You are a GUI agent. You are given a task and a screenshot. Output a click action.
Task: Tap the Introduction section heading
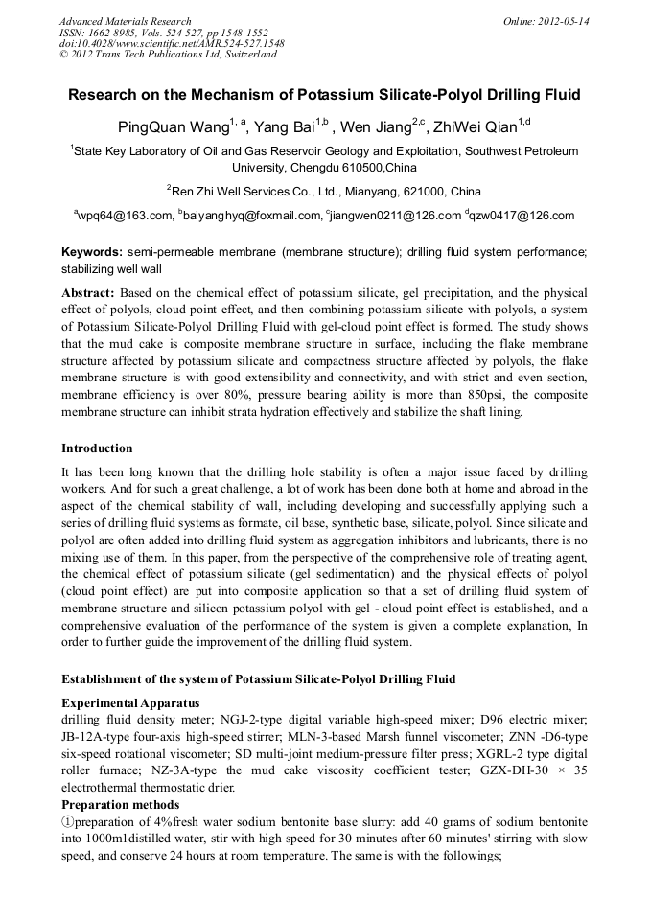[x=97, y=448]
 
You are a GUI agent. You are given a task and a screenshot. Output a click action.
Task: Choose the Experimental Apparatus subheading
[x=130, y=703]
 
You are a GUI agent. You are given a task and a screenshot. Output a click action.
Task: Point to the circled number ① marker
[x=68, y=822]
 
